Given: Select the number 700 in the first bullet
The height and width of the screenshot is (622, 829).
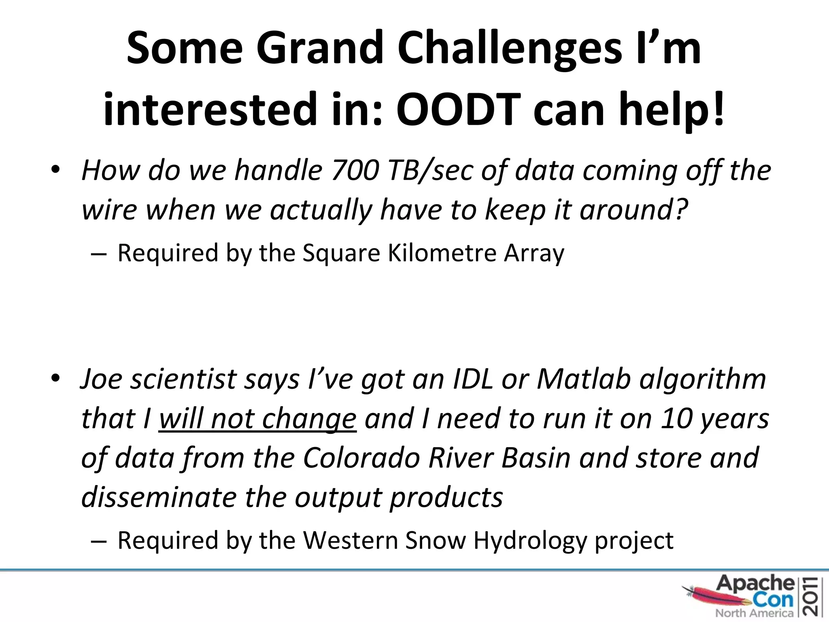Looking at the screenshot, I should pyautogui.click(x=355, y=170).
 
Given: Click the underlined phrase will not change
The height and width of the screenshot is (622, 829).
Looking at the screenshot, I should pyautogui.click(x=257, y=419).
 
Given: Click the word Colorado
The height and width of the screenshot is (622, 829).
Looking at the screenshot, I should pyautogui.click(x=361, y=458).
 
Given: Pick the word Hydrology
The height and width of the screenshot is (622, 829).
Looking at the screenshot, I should pyautogui.click(x=530, y=541).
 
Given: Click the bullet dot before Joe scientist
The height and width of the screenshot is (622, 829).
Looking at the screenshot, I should pyautogui.click(x=55, y=379).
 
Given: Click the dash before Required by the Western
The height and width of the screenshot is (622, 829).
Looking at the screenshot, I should pyautogui.click(x=99, y=541).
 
